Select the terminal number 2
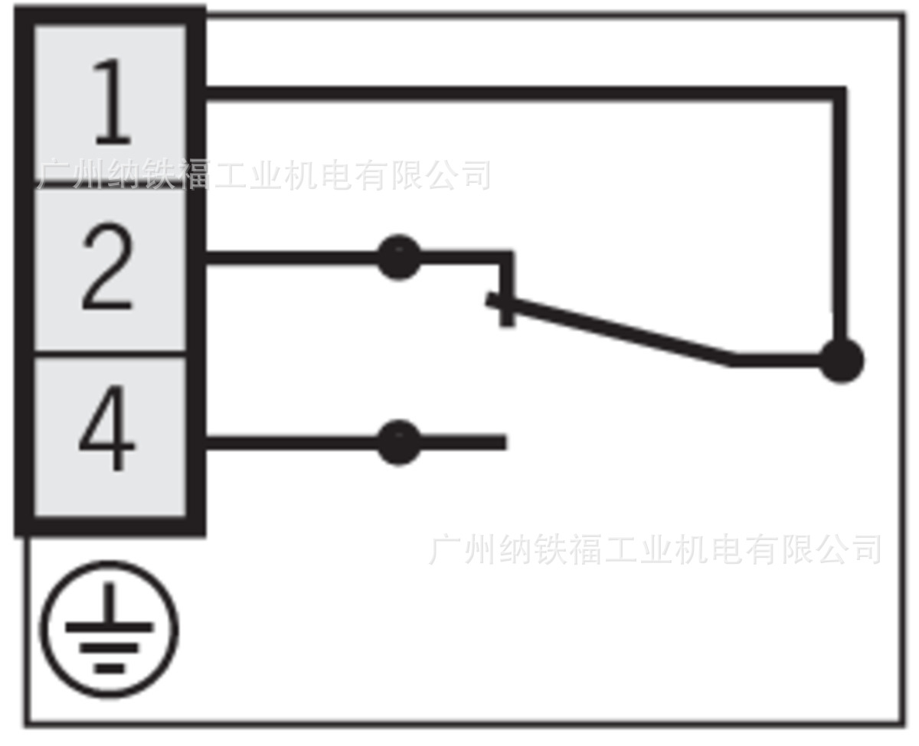tap(108, 269)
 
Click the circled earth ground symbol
tap(109, 629)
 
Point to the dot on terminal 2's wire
tap(398, 258)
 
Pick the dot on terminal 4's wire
tap(398, 441)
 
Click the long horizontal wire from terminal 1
tap(521, 94)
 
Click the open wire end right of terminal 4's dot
tap(502, 441)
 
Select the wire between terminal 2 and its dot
tap(291, 258)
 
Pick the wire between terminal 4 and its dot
tap(291, 441)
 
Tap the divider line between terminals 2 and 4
tap(108, 353)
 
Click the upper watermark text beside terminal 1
tap(264, 175)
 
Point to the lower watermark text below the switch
tap(655, 549)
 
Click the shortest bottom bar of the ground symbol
tap(109, 667)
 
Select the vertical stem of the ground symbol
tap(109, 604)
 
